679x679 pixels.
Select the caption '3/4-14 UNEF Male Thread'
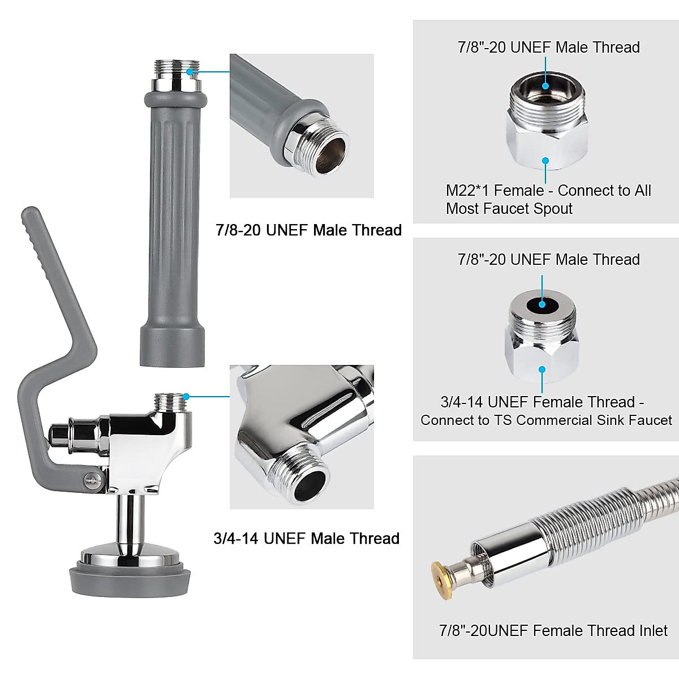tap(306, 538)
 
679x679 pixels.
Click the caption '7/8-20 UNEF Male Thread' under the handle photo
tap(308, 230)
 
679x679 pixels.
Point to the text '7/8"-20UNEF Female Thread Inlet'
tap(553, 630)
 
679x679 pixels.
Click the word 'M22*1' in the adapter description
tap(466, 191)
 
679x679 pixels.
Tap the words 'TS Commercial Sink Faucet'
tap(594, 420)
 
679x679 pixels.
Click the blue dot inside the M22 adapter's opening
tap(545, 86)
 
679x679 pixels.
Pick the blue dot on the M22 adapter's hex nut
tap(545, 161)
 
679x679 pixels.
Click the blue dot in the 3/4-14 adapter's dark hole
tap(542, 304)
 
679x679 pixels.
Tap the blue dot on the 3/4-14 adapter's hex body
tap(542, 369)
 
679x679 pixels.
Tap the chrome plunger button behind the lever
tap(58, 435)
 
